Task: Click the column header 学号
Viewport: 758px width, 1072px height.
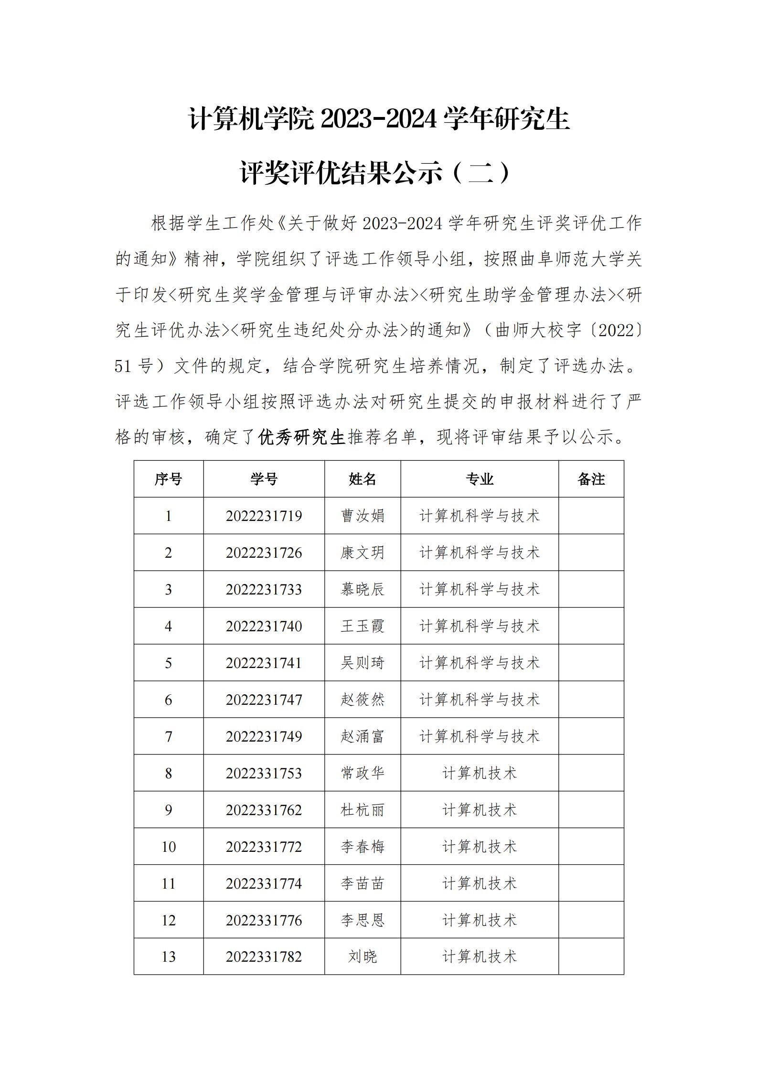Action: click(264, 479)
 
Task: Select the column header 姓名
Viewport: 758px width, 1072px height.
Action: click(363, 479)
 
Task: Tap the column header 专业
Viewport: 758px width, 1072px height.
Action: click(480, 479)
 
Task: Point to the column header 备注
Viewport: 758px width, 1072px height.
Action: click(591, 479)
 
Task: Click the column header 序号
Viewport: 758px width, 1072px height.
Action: click(168, 479)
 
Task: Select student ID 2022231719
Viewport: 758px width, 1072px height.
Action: click(264, 516)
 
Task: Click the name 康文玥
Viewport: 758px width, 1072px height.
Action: click(363, 552)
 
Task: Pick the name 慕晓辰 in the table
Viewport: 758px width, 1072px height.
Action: click(363, 589)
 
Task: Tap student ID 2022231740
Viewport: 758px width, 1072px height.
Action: click(264, 626)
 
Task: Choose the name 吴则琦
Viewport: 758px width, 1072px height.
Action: click(363, 663)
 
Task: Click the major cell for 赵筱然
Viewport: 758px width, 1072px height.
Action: click(480, 700)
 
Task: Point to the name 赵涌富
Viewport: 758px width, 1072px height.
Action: click(363, 736)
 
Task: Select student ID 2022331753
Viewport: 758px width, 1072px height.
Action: click(264, 773)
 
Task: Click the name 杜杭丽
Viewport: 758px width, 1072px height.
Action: click(363, 810)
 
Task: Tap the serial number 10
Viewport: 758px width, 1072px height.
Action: click(168, 847)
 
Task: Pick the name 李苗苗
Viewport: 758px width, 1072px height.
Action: click(363, 883)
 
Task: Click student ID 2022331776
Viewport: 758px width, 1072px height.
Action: click(264, 920)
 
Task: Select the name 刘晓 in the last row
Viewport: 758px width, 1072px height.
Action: click(363, 956)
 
